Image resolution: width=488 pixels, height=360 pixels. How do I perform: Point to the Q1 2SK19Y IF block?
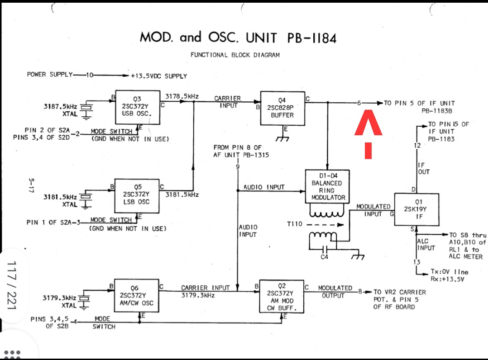point(417,209)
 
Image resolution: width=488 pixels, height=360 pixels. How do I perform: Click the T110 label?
point(297,223)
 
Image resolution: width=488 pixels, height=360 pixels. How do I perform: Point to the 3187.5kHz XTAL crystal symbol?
point(86,108)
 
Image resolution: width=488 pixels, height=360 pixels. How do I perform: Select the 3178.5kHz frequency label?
point(182,96)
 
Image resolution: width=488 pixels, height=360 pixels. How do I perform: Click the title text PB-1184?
point(312,38)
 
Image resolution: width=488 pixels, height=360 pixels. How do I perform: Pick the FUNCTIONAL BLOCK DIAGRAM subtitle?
point(235,55)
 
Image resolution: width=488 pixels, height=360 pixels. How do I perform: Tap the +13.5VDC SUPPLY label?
point(158,76)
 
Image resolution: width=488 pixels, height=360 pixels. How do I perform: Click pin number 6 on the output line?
point(359,103)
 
